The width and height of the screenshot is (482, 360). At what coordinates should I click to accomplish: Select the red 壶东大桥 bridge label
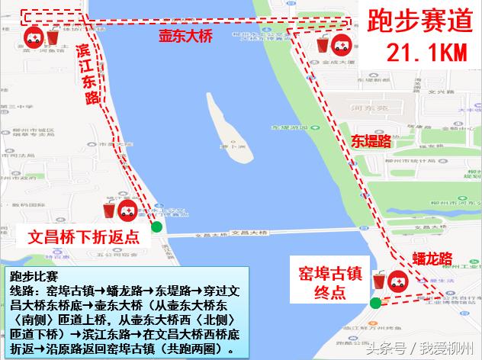coord(185,36)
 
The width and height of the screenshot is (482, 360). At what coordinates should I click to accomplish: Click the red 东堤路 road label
coord(371,140)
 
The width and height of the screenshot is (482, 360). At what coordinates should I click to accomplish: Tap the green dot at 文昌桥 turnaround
coord(156,227)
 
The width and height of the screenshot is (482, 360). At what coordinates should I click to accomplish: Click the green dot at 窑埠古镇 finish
coord(375,304)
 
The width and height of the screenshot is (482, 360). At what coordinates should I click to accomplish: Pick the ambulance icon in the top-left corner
coord(33,36)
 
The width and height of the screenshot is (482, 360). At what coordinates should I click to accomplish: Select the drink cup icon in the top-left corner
coord(53,36)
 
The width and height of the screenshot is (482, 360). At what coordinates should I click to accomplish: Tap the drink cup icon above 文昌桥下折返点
coord(109,210)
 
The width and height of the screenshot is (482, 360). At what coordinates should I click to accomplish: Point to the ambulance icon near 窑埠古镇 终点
coord(397,282)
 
